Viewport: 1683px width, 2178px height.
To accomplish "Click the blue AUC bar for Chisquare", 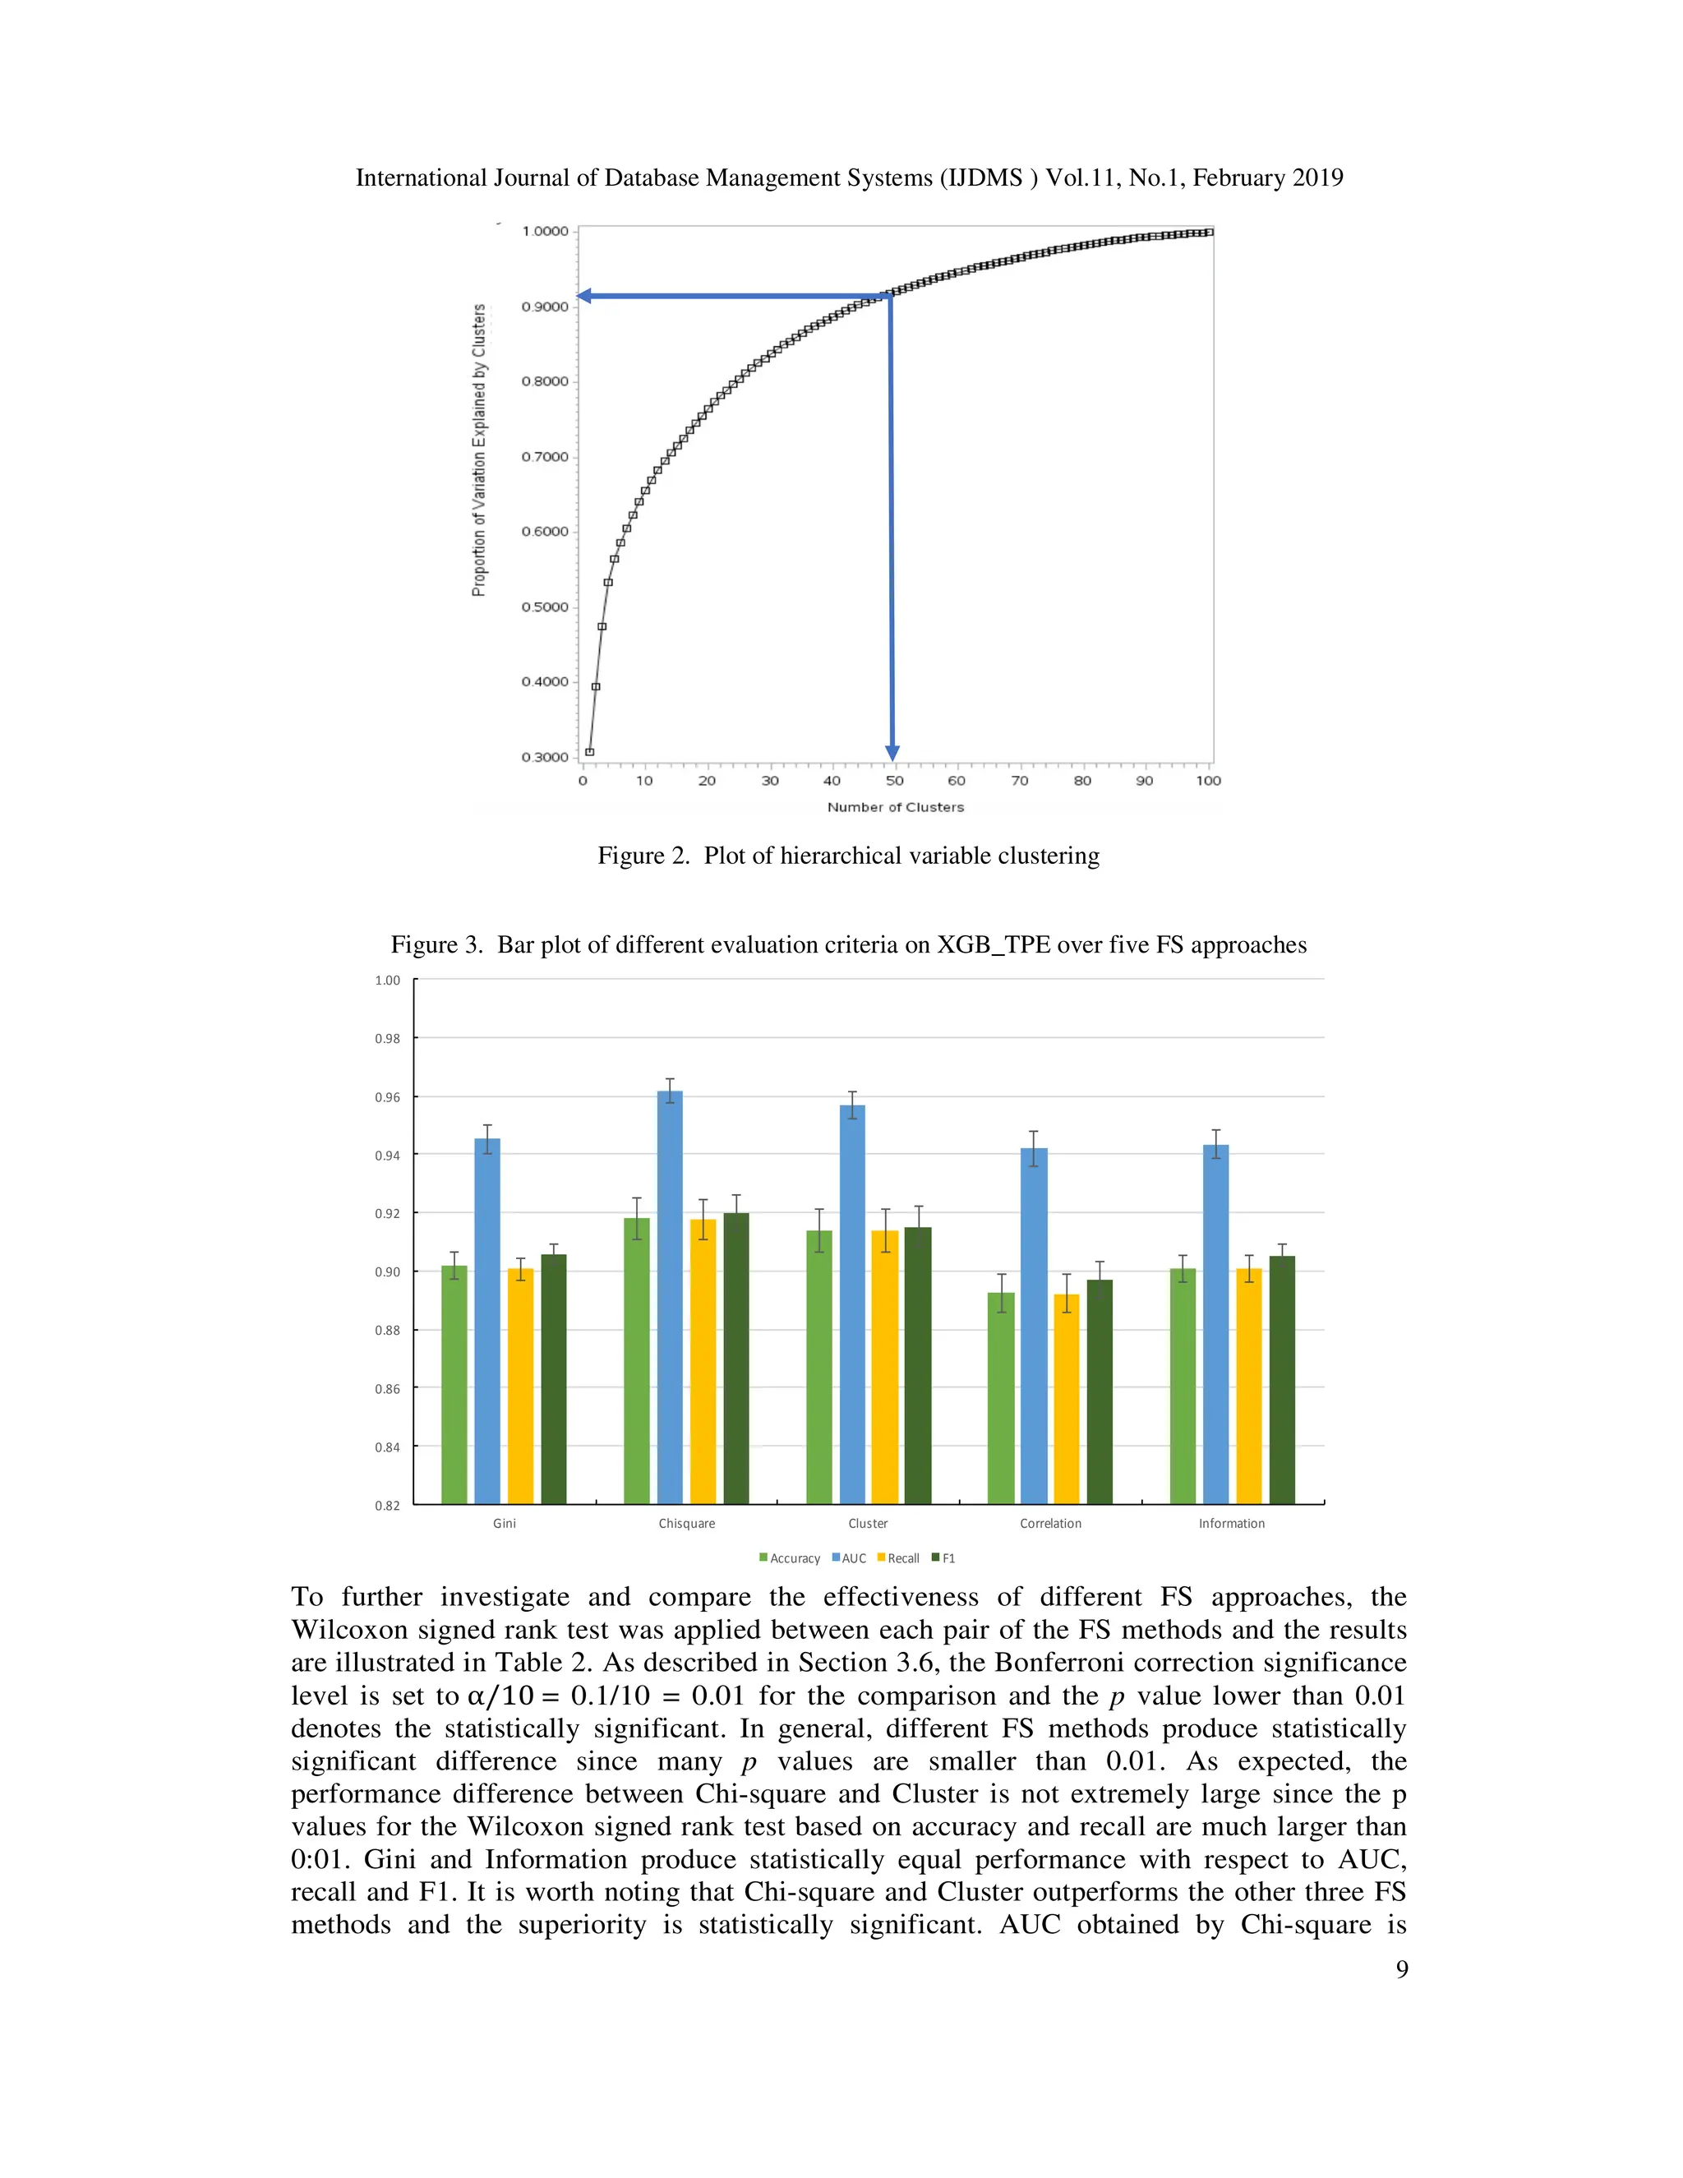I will click(x=670, y=1296).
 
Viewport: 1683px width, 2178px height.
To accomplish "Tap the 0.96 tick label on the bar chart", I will click(x=388, y=1097).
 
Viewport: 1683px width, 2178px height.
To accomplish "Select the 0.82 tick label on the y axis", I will click(x=388, y=1505).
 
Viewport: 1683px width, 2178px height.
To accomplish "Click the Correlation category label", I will click(x=1050, y=1523).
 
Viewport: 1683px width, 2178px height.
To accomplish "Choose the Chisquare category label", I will click(x=686, y=1523).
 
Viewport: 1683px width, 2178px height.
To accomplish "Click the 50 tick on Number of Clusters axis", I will click(x=894, y=781).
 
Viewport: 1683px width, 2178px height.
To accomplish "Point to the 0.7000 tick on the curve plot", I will click(x=544, y=457).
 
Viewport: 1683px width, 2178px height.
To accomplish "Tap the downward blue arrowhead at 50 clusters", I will click(x=892, y=753).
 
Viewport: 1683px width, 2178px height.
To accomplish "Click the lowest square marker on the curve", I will click(x=589, y=752).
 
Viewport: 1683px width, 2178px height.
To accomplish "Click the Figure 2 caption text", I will click(x=848, y=856).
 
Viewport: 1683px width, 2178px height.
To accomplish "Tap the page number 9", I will click(x=1402, y=1968).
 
